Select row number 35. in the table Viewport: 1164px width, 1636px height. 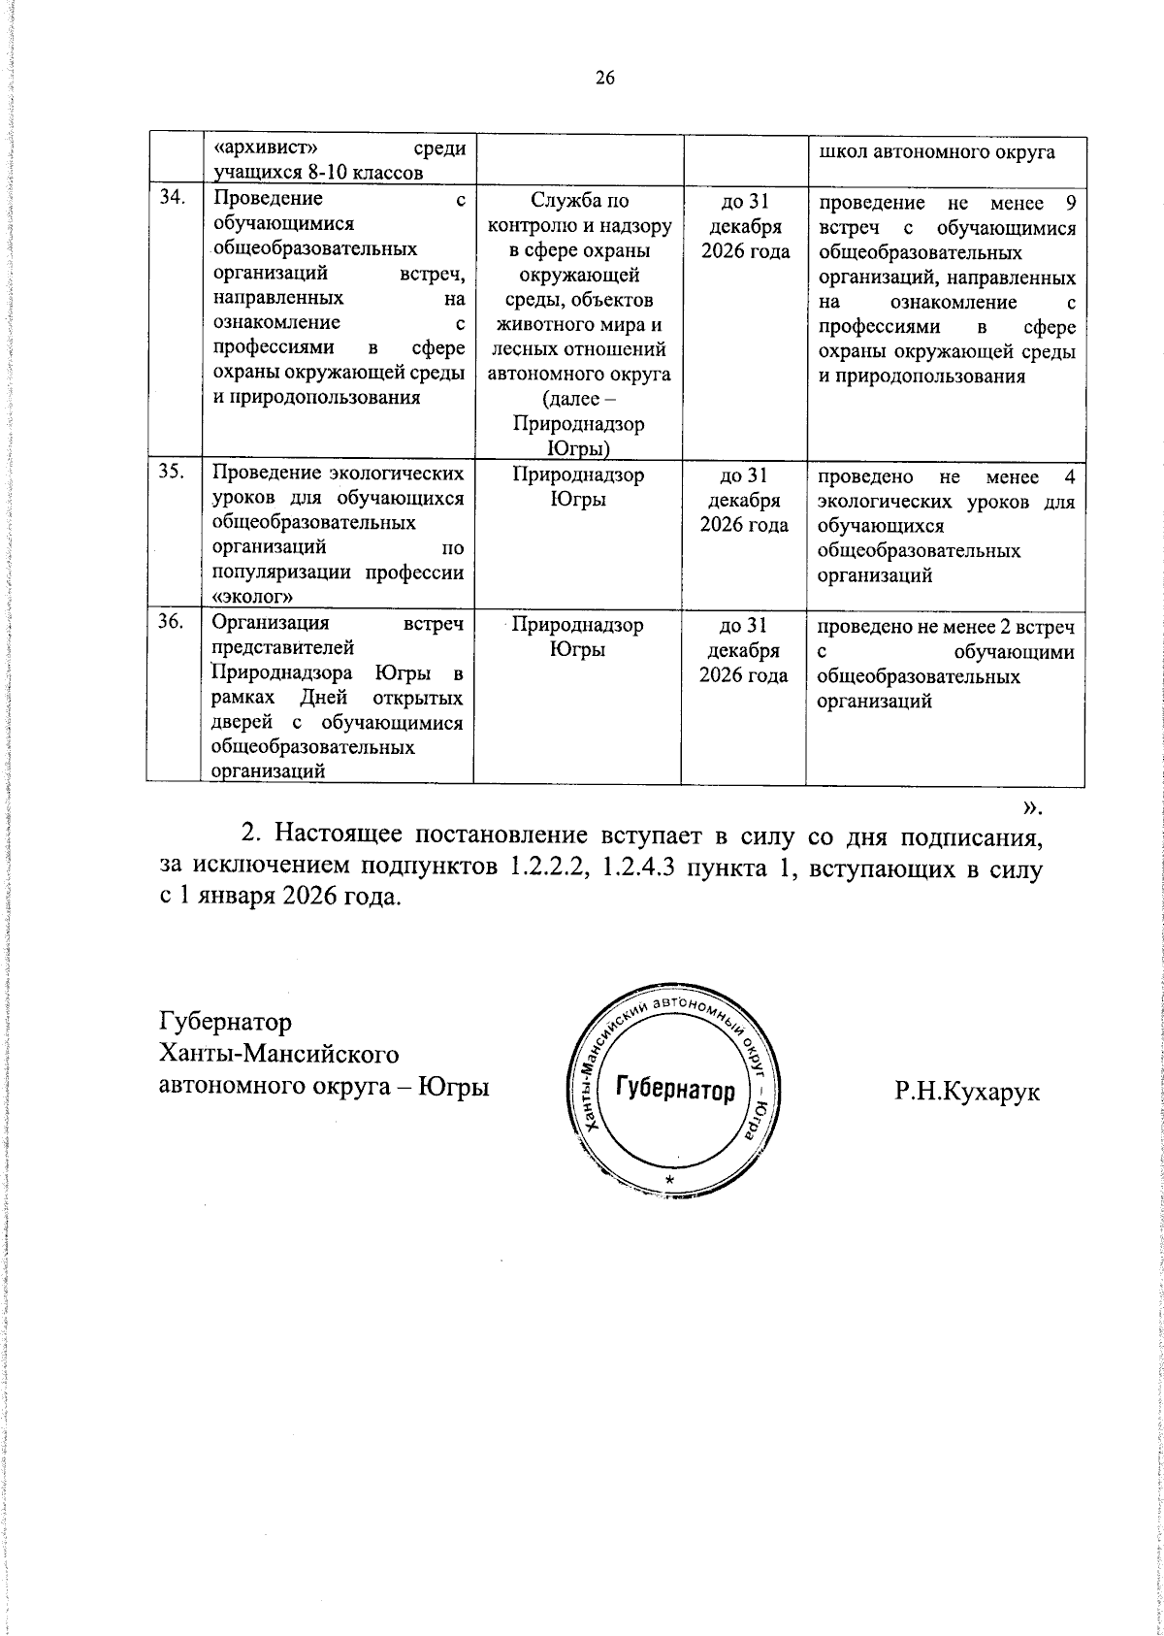(x=172, y=475)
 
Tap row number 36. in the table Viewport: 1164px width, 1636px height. (x=172, y=625)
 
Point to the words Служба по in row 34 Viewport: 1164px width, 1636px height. (x=579, y=201)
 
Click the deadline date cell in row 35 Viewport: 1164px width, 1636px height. (x=744, y=501)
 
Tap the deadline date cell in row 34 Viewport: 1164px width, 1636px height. (x=744, y=226)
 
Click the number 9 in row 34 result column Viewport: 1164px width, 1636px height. (x=1070, y=203)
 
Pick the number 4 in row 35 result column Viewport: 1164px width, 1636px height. (x=1070, y=477)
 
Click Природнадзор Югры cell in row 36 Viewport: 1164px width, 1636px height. (x=577, y=638)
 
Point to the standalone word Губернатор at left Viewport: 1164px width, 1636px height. (x=224, y=1022)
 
